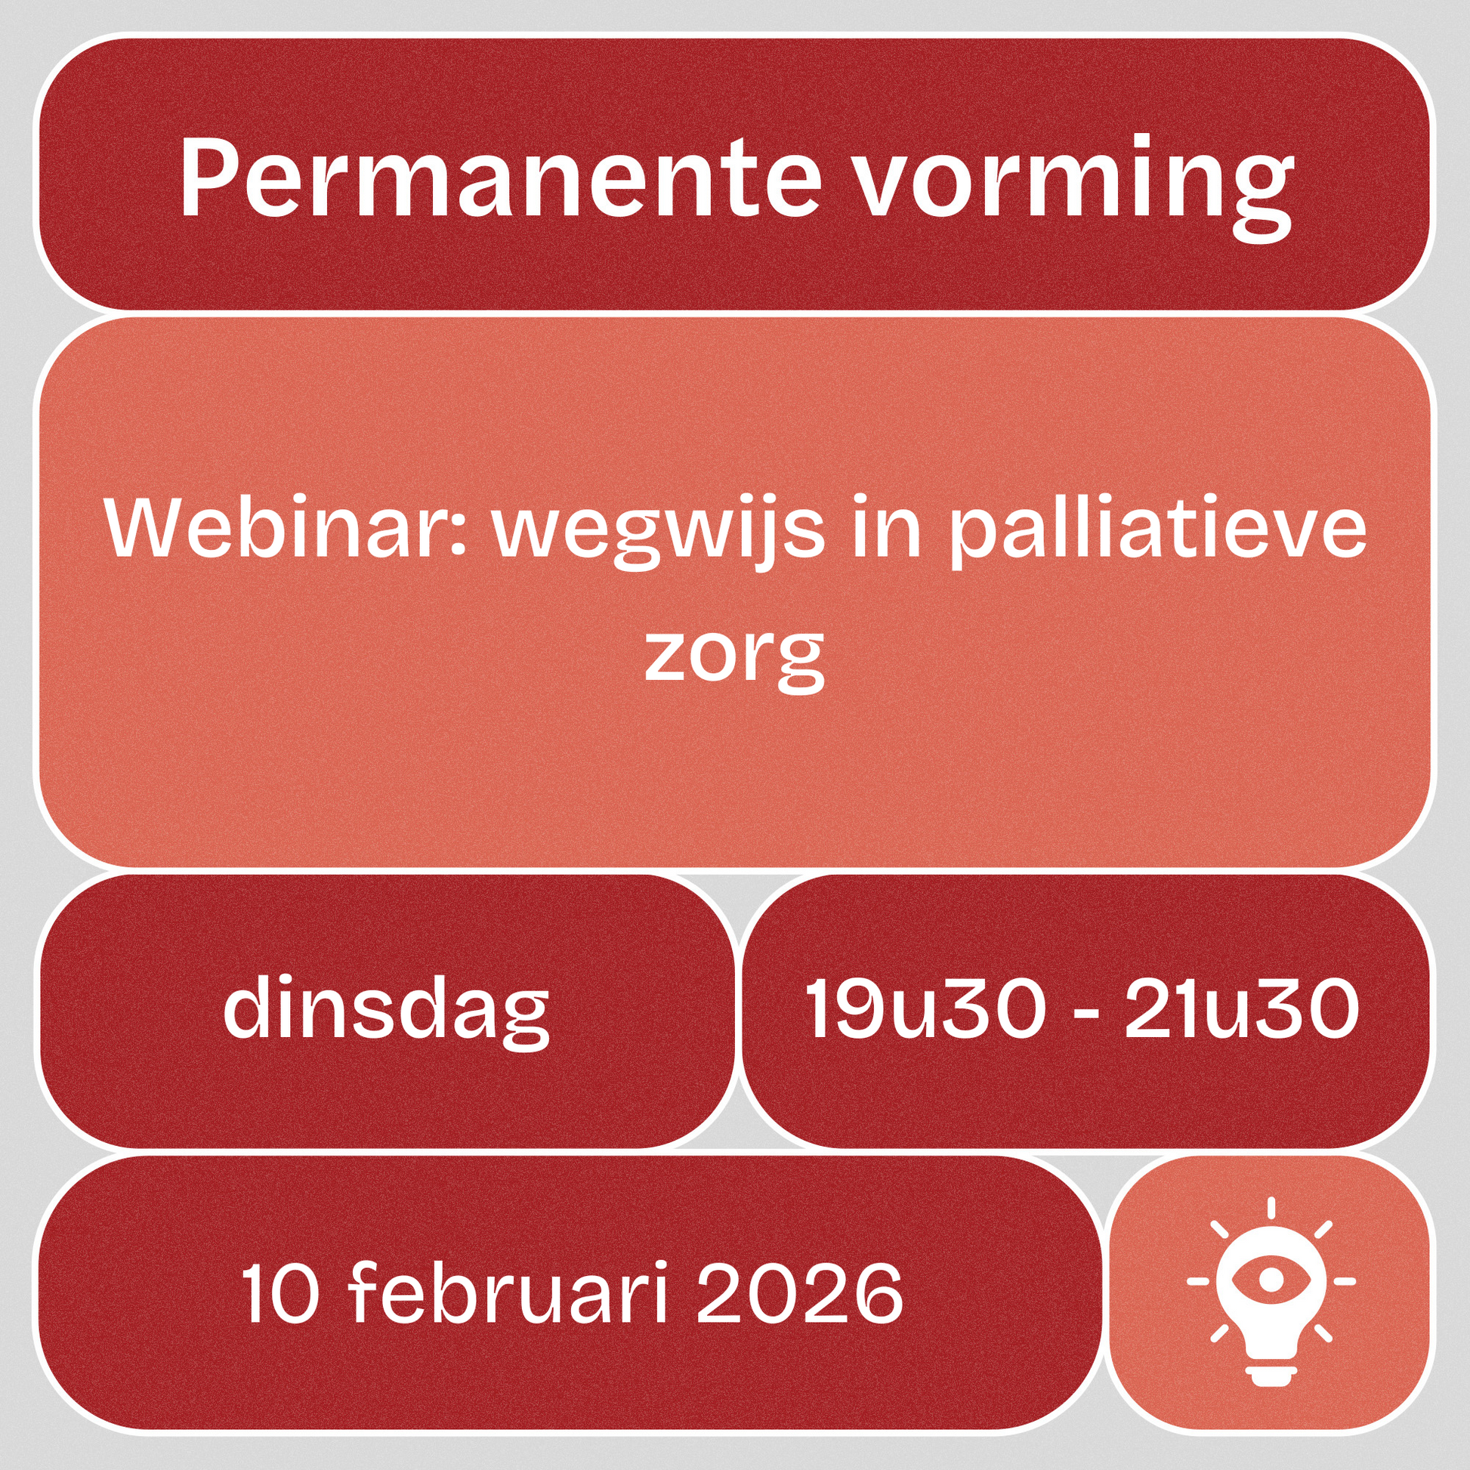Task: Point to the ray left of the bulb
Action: [1197, 1281]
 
